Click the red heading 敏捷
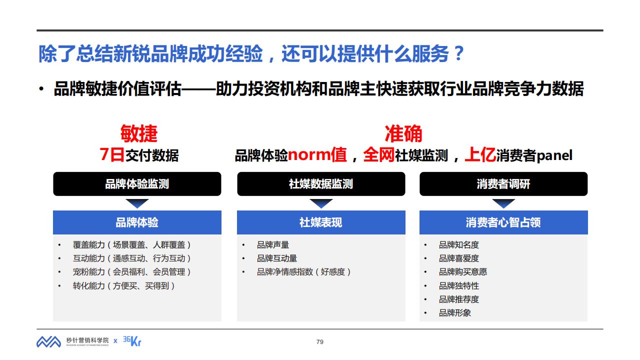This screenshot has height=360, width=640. click(x=139, y=133)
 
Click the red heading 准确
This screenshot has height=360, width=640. click(x=403, y=133)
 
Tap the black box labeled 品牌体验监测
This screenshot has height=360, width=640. click(x=137, y=183)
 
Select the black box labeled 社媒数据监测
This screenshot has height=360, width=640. click(x=321, y=183)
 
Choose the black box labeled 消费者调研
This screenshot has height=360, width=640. click(x=503, y=183)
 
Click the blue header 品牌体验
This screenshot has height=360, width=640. click(x=137, y=222)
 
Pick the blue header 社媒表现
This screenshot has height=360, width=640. click(x=321, y=222)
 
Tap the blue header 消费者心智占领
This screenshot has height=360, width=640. click(x=503, y=222)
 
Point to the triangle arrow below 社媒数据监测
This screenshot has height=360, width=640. click(x=321, y=203)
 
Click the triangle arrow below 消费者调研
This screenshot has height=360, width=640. click(x=503, y=203)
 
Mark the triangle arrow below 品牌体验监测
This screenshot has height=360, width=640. click(x=137, y=203)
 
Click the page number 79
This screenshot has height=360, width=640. click(x=320, y=341)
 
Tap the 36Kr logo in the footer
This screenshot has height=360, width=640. click(x=132, y=341)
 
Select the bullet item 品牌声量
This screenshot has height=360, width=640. click(x=273, y=245)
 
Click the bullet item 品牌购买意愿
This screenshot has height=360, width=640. click(x=463, y=271)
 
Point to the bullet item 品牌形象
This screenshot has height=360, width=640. click(x=455, y=313)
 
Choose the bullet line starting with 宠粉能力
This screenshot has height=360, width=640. click(x=131, y=271)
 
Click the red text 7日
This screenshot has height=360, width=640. click(x=112, y=155)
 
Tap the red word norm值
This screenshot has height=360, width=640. click(x=317, y=155)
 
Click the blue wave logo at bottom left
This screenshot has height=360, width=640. click(x=48, y=341)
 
